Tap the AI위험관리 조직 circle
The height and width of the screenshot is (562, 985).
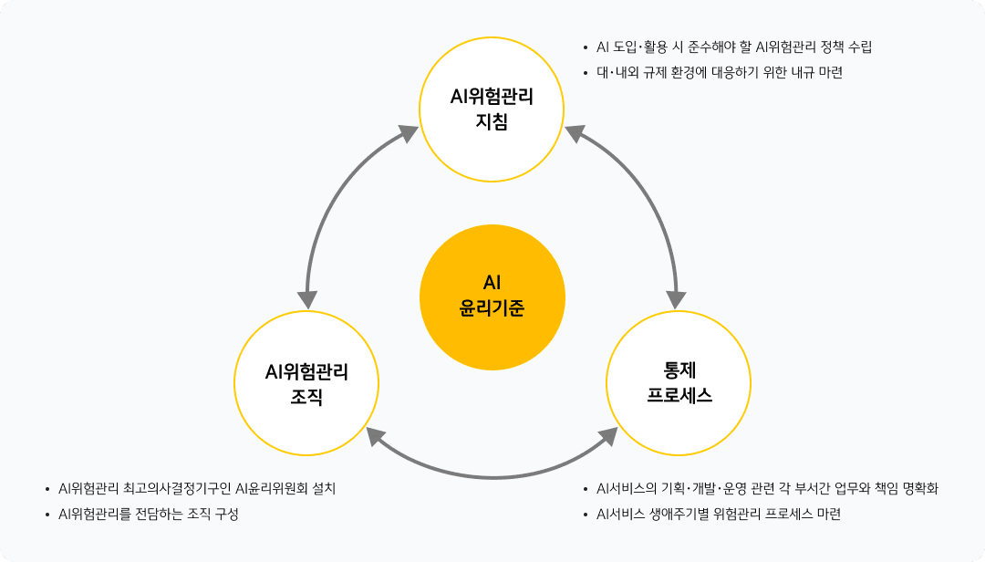coord(307,383)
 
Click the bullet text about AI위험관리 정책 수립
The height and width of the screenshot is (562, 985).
coord(733,47)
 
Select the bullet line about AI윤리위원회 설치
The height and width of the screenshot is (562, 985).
coord(197,488)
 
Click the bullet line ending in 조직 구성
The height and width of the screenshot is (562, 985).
coord(148,514)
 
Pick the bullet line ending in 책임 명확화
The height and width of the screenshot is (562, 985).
coord(767,488)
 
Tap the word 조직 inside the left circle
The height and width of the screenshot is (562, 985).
coord(307,396)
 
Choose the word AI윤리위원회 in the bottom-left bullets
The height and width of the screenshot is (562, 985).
coord(274,488)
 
